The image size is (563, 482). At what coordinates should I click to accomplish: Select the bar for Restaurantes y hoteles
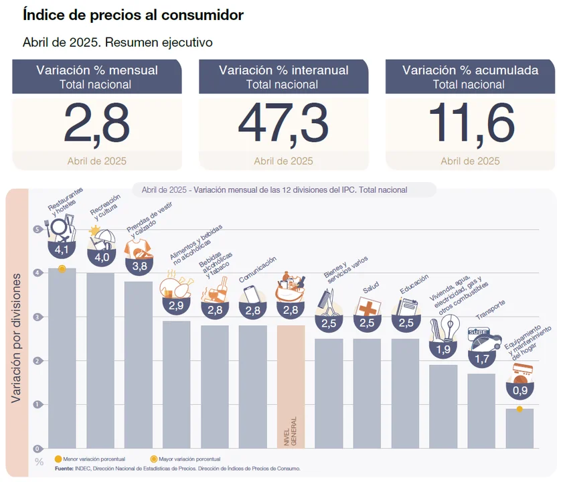click(62, 358)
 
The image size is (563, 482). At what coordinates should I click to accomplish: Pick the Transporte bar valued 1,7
click(481, 411)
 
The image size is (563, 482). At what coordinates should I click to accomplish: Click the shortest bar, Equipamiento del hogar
click(519, 428)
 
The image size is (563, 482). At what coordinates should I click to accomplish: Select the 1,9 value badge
click(443, 348)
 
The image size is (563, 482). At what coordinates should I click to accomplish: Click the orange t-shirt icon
click(137, 248)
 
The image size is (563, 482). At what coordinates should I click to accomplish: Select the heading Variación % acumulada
click(470, 70)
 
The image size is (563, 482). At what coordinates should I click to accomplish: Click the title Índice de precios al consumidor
click(133, 14)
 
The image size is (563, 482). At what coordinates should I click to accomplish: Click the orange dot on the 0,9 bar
click(519, 409)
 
